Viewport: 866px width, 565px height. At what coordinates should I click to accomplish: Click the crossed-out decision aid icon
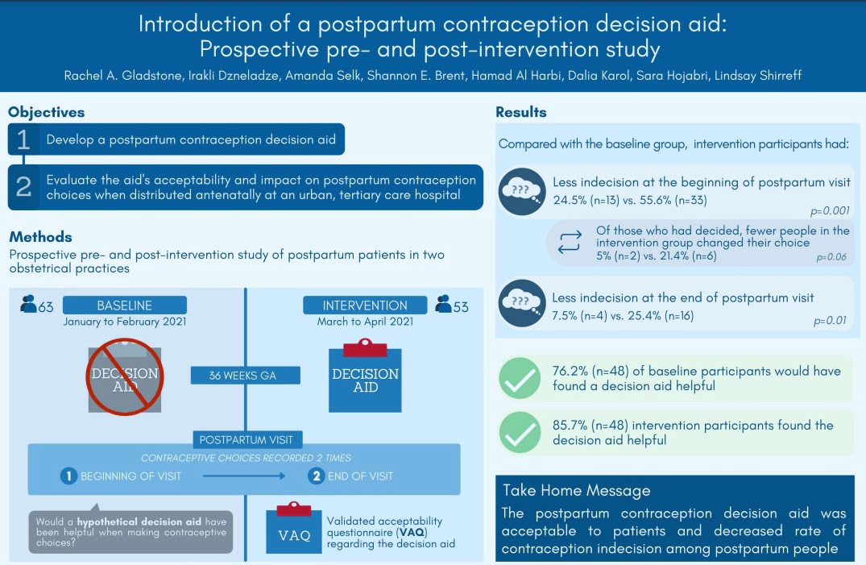125,377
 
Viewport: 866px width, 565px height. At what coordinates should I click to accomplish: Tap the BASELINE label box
125,305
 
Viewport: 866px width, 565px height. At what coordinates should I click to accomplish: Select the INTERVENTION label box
365,305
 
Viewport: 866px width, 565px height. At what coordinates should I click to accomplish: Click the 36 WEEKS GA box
246,376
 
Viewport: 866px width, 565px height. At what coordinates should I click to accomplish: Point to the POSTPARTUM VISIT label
247,439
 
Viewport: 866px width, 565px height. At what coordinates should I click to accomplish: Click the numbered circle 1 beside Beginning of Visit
68,476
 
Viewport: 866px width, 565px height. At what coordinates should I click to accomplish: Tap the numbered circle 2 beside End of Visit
316,476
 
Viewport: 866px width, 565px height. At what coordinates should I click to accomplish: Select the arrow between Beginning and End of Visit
244,476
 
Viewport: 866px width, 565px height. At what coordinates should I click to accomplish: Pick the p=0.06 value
831,257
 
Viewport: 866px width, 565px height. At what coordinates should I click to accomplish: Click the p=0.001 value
830,210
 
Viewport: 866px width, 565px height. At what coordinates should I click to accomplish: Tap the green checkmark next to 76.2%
520,378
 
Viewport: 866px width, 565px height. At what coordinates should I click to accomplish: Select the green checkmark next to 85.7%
520,432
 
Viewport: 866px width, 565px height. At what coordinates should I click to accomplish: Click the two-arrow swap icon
570,242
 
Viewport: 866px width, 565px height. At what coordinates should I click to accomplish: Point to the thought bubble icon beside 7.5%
522,303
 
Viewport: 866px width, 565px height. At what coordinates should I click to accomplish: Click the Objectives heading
47,112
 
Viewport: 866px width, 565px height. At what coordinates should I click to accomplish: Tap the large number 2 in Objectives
23,187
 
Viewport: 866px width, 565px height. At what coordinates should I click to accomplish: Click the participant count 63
46,307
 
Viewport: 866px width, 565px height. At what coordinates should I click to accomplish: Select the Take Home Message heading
577,490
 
